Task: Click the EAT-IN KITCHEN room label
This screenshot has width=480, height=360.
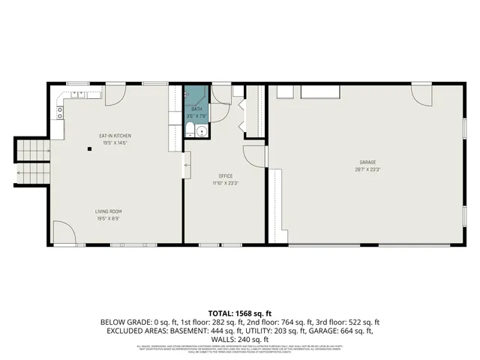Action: [115, 136]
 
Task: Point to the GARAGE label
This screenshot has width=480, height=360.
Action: [367, 162]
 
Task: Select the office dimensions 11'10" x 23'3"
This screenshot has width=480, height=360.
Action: [226, 182]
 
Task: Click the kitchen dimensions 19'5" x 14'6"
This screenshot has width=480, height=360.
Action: [115, 142]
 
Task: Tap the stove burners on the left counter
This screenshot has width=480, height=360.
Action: [59, 113]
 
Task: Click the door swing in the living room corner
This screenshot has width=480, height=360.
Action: [63, 232]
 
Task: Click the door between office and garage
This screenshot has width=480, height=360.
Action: [257, 155]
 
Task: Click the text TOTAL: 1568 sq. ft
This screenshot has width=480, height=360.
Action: [240, 313]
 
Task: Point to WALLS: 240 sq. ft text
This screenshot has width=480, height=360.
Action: [240, 338]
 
